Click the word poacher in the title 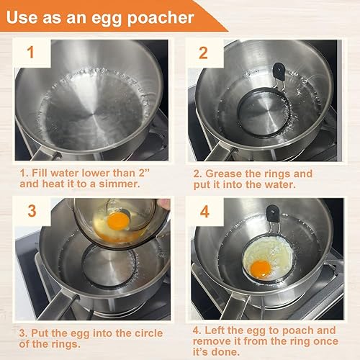tap(163, 15)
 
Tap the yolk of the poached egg tap(261, 269)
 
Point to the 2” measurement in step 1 tap(157, 174)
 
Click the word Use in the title tap(28, 15)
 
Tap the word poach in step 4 tap(307, 330)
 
